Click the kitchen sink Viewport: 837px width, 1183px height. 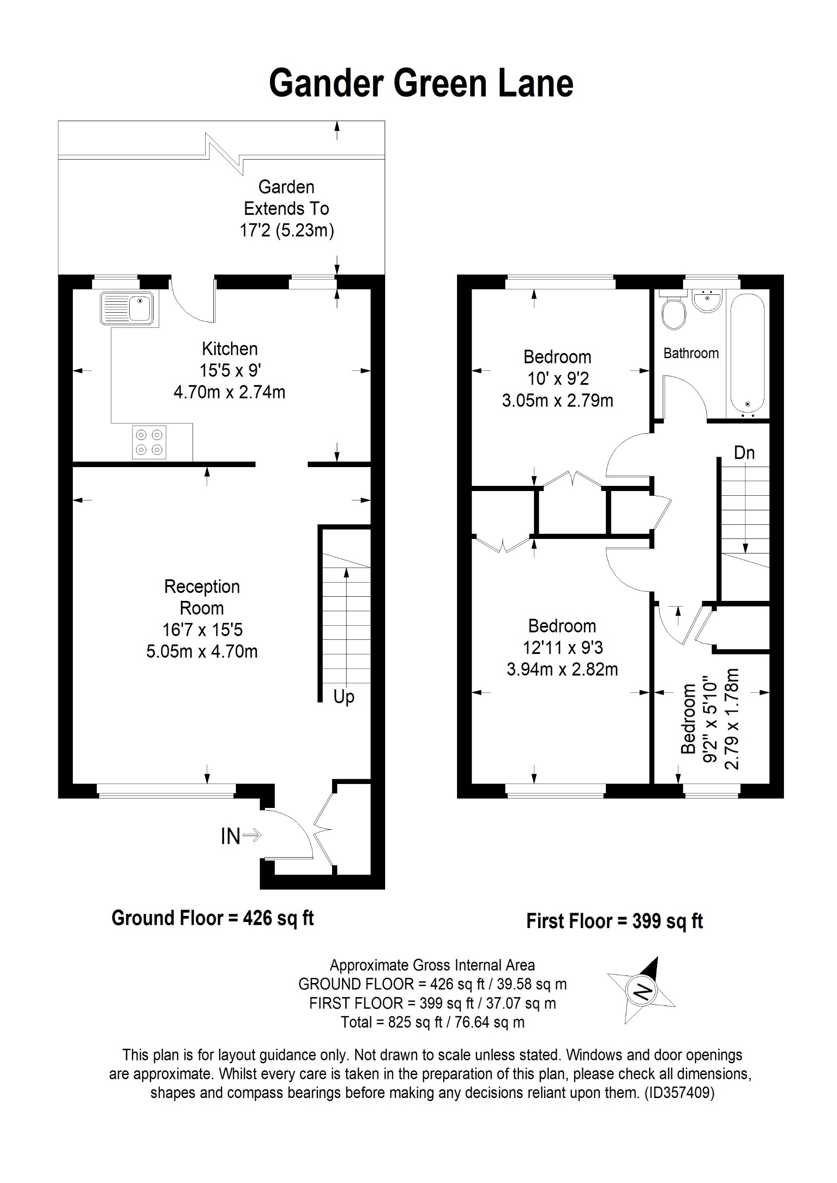pyautogui.click(x=127, y=308)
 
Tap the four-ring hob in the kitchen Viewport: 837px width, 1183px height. pyautogui.click(x=149, y=442)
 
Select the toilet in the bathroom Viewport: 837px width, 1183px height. pyautogui.click(x=673, y=313)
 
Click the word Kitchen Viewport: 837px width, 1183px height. pyautogui.click(x=229, y=349)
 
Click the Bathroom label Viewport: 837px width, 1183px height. pyautogui.click(x=690, y=353)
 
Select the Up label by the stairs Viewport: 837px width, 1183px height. pyautogui.click(x=344, y=697)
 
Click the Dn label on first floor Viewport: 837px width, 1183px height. pyautogui.click(x=744, y=453)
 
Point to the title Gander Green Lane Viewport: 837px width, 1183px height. pyautogui.click(x=421, y=83)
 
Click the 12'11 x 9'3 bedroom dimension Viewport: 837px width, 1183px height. pyautogui.click(x=562, y=647)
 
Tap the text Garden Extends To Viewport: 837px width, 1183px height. pyautogui.click(x=286, y=198)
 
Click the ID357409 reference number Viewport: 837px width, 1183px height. pyautogui.click(x=679, y=1092)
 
